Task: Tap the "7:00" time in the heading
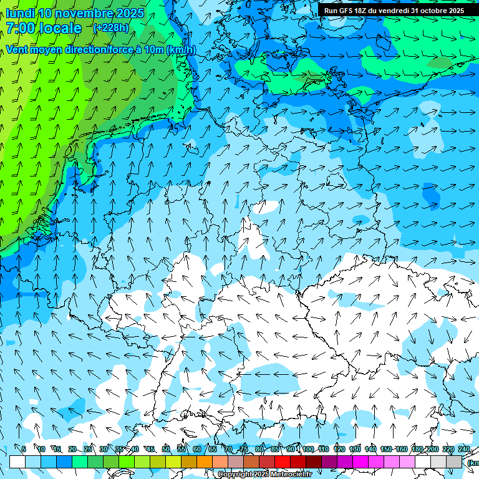(x=21, y=28)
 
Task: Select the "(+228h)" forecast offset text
(x=110, y=27)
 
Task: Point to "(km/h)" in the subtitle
(x=181, y=50)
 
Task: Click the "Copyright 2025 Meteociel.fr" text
(x=264, y=475)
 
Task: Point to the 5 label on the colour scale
(x=24, y=449)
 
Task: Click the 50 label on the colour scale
(x=165, y=449)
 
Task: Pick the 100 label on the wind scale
(x=308, y=449)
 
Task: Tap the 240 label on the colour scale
(x=463, y=449)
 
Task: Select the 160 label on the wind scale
(x=402, y=449)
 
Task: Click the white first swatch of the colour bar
(x=17, y=462)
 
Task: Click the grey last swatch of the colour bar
(x=454, y=462)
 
